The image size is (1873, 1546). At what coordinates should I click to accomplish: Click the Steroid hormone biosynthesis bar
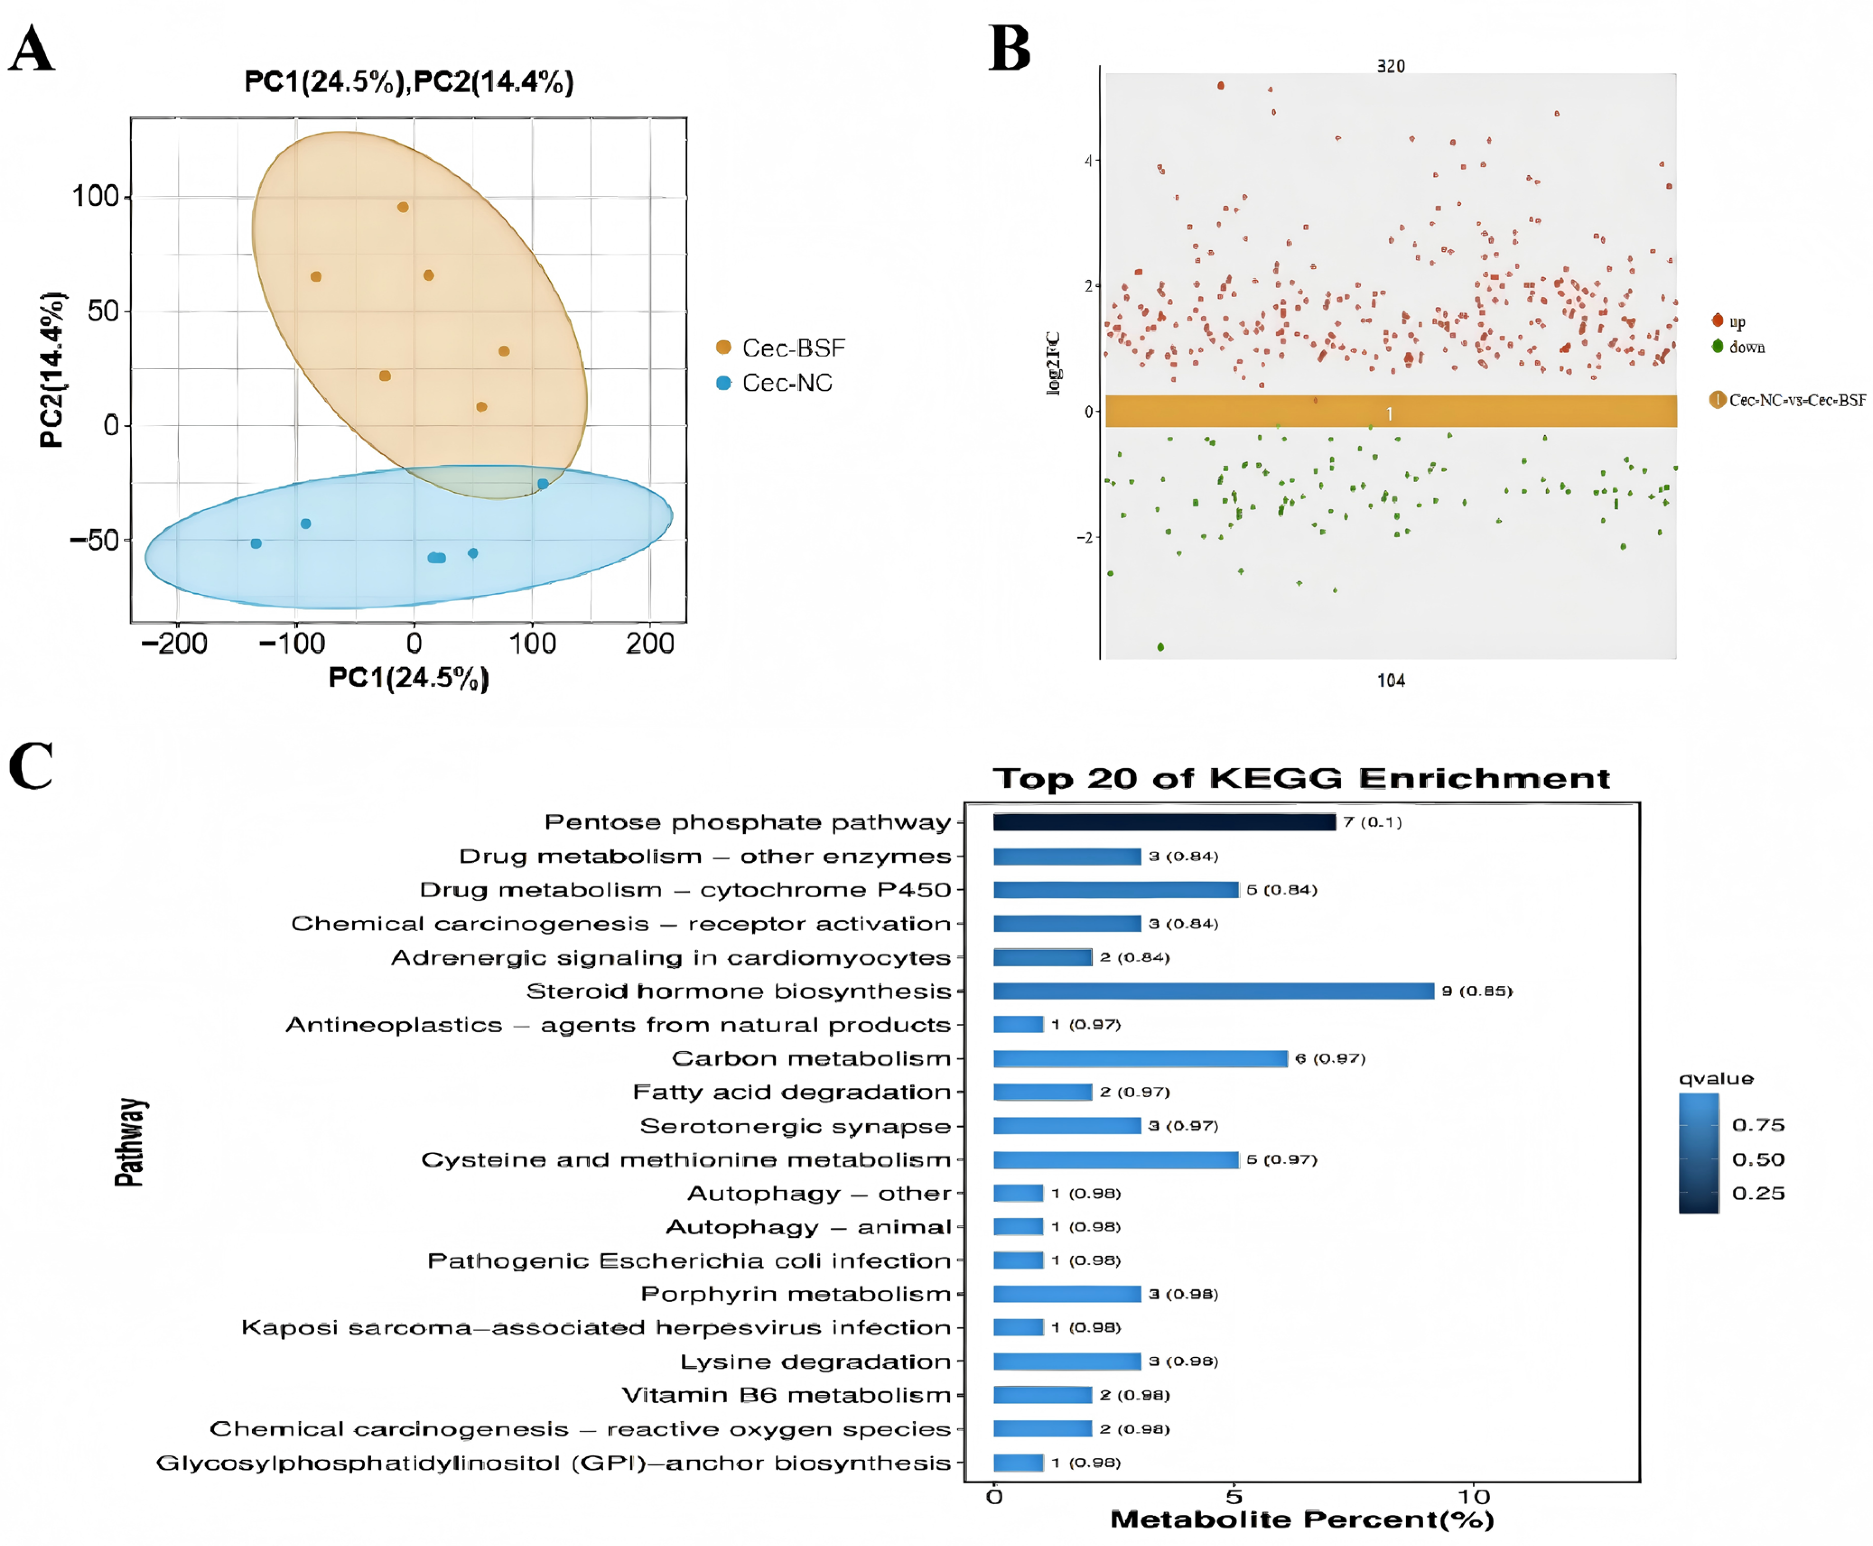click(x=1213, y=991)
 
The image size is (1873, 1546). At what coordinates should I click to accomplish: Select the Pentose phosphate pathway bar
click(x=1164, y=822)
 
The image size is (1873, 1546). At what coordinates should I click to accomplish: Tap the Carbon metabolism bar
click(x=1140, y=1058)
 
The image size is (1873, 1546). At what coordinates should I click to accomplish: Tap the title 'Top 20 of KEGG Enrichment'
click(x=1301, y=778)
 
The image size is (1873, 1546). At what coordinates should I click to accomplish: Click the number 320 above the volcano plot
click(x=1390, y=67)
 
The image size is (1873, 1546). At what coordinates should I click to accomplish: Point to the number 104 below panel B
click(x=1390, y=680)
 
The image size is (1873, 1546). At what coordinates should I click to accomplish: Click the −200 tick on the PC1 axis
click(x=175, y=643)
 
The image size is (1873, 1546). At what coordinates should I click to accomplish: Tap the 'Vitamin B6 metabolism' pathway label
click(x=787, y=1395)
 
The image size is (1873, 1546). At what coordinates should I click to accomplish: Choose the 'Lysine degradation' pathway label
click(x=815, y=1361)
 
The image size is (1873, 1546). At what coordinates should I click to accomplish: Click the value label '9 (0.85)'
click(x=1477, y=991)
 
